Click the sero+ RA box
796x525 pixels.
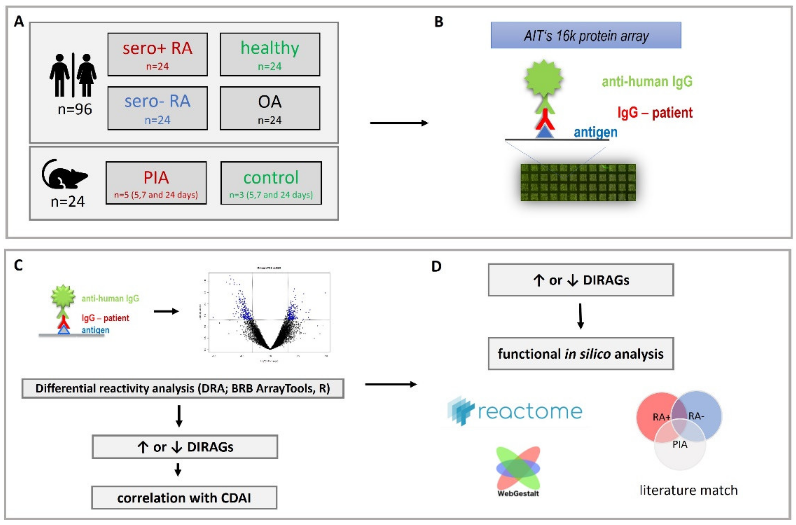157,54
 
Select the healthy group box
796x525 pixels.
270,54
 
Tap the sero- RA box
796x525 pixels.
157,108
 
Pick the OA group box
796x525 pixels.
270,108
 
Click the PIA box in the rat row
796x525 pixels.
156,183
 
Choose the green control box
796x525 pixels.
271,183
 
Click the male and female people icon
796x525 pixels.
73,75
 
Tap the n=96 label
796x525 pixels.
75,110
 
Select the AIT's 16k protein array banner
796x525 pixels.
586,35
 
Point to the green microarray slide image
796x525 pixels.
578,183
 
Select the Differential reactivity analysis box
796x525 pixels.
183,388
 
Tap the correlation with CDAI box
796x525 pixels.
184,498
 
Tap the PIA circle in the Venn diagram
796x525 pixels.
680,450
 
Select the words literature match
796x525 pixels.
689,490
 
